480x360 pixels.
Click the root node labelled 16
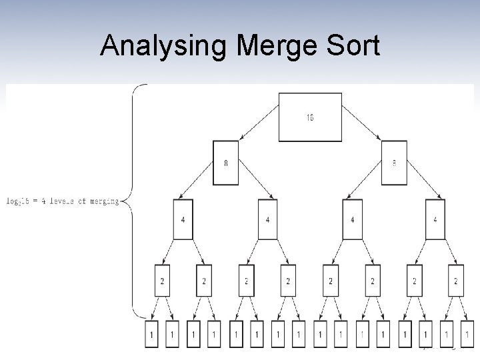click(310, 117)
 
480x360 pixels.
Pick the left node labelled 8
click(225, 163)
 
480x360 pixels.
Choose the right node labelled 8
click(394, 163)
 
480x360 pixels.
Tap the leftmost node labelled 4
click(183, 219)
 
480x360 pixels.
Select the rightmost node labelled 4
click(436, 219)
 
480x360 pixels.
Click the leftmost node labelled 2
click(162, 281)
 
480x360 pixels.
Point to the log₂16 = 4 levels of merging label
click(62, 201)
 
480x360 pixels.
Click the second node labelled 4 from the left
click(268, 219)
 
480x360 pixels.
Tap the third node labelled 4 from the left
click(352, 219)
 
